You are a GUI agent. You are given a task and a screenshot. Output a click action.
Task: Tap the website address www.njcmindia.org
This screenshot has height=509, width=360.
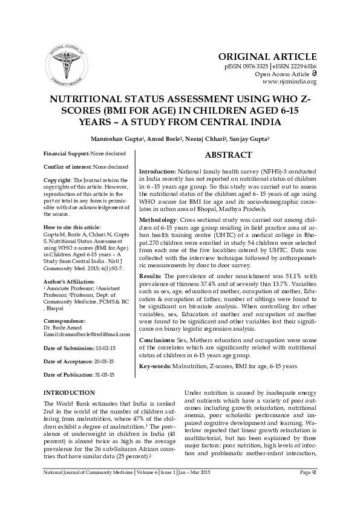[x=289, y=82]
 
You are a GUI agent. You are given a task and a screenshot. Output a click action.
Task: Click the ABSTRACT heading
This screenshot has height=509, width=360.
[x=228, y=155]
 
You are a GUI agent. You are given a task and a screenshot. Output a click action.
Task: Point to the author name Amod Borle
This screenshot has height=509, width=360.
[x=168, y=139]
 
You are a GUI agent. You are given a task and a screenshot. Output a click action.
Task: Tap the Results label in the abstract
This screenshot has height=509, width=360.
[x=151, y=275]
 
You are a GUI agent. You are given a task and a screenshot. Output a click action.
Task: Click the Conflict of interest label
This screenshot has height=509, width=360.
[x=67, y=166]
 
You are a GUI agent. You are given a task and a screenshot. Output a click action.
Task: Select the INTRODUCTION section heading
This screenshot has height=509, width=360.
[x=70, y=393]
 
